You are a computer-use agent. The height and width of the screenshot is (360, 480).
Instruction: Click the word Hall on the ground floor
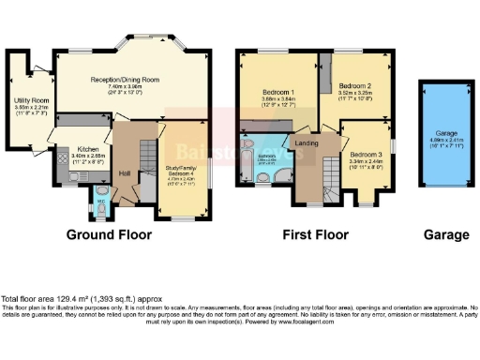125,174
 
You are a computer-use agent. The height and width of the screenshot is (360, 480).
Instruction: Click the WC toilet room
102,199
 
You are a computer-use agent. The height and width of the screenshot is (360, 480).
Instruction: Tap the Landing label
307,142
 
